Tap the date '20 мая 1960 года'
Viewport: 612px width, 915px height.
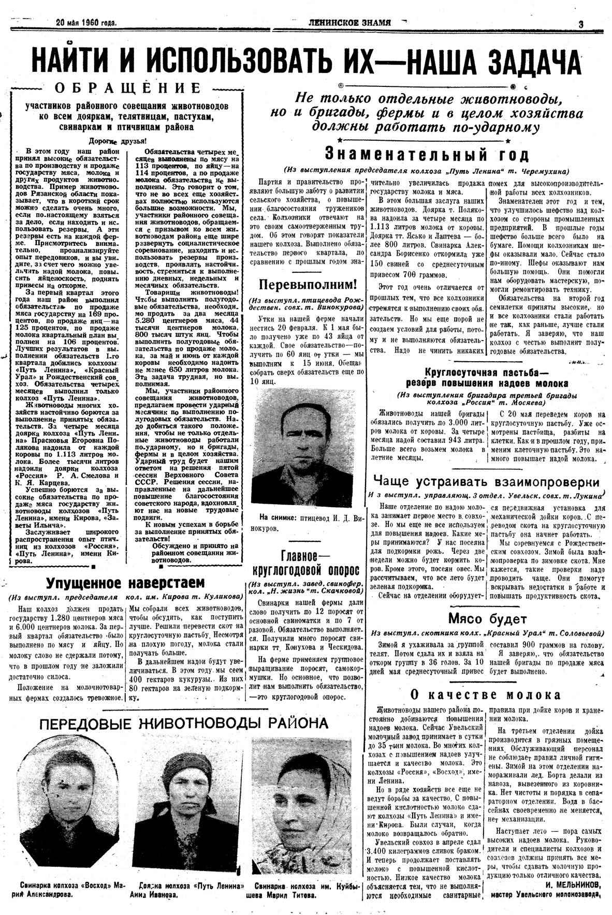86,22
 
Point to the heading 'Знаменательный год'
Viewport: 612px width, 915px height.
427,154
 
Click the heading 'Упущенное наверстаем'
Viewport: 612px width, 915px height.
126,583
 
